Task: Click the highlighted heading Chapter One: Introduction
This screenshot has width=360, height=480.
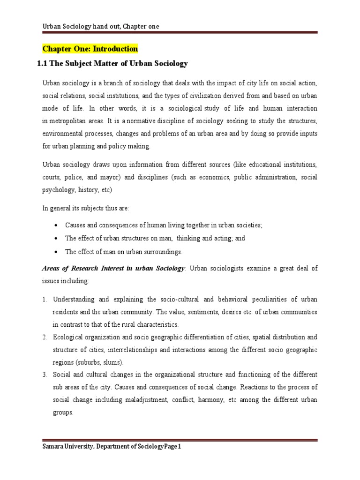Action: (90, 49)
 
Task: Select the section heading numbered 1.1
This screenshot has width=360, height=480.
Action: (112, 63)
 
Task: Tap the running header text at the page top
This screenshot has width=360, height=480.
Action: (100, 26)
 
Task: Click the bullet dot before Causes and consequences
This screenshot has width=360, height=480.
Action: (56, 225)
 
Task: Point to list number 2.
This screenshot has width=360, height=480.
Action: (45, 337)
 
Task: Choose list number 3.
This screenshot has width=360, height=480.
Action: (45, 375)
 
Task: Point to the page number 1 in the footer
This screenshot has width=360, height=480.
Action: (179, 447)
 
